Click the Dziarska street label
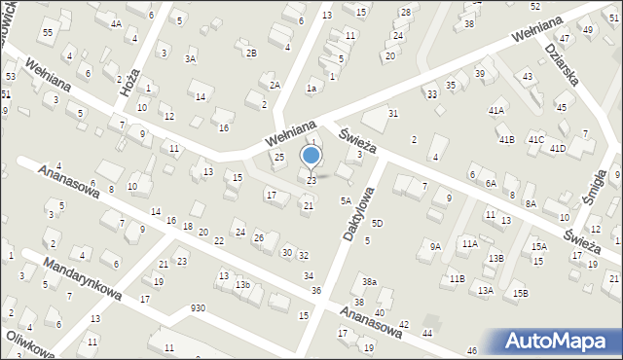tap(562, 63)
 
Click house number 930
tap(198, 308)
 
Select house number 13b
tap(242, 285)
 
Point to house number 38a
tap(370, 282)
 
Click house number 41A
tap(496, 111)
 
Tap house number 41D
tap(557, 149)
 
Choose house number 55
tap(48, 33)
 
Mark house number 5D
tap(377, 224)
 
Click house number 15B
tap(521, 293)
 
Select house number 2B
tap(251, 52)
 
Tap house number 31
tap(393, 114)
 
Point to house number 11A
tap(470, 243)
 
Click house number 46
tap(472, 350)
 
